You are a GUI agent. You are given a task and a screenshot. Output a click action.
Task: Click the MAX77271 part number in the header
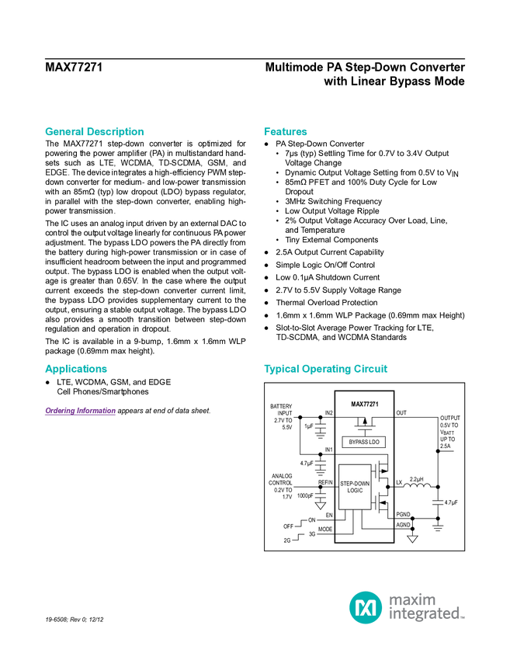(x=74, y=68)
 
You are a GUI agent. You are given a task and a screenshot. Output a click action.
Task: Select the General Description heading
(x=94, y=131)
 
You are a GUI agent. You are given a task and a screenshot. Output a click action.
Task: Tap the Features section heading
(x=286, y=131)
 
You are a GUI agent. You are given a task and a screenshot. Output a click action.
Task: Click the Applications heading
(x=76, y=369)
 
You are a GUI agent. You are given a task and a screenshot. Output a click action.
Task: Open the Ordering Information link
(x=81, y=411)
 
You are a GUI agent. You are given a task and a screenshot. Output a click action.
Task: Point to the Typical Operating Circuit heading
(x=325, y=369)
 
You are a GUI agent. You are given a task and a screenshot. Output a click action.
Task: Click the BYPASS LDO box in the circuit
(x=364, y=442)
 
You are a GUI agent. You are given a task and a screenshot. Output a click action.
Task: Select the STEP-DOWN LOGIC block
(x=355, y=487)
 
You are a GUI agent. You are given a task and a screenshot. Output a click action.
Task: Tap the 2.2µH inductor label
(x=416, y=479)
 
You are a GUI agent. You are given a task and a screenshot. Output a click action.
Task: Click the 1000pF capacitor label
(x=305, y=496)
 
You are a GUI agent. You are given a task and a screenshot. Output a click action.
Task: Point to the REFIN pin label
(x=325, y=482)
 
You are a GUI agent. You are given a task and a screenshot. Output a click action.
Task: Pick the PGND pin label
(x=403, y=514)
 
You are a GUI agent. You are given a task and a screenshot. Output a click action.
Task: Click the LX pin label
(x=399, y=482)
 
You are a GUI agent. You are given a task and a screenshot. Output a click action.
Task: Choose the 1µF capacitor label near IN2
(x=309, y=426)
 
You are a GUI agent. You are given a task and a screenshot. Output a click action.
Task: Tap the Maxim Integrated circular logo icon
(x=366, y=607)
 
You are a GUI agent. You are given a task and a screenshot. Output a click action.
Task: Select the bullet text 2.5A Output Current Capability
(x=329, y=252)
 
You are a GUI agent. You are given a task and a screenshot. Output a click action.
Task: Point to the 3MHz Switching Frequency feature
(x=333, y=201)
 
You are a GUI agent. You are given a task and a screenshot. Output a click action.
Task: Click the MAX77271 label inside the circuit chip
(x=364, y=404)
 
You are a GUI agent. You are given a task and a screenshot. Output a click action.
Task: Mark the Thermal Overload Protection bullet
(x=327, y=303)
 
